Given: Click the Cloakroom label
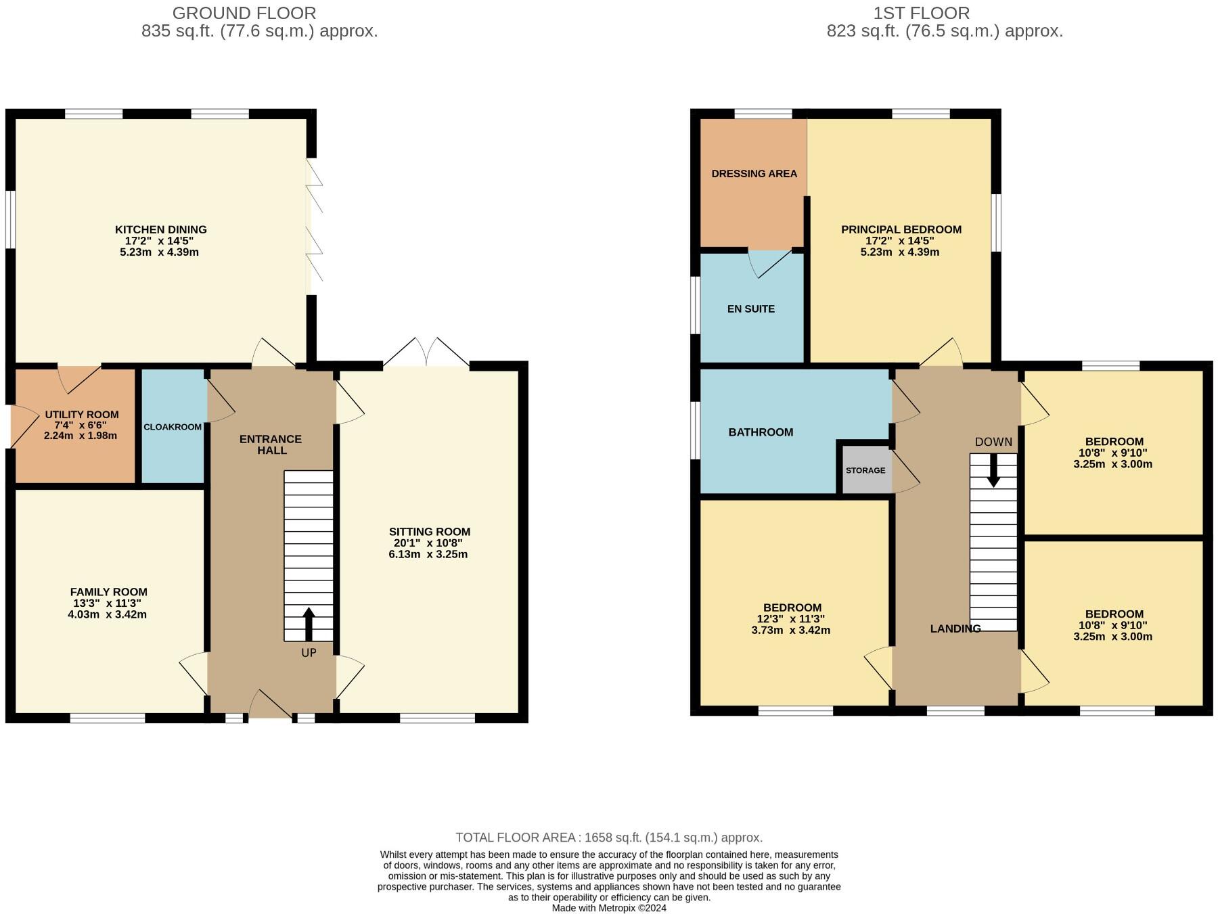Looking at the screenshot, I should tap(173, 427).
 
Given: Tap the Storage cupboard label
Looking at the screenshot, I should tap(865, 470).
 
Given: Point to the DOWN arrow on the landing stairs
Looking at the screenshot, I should tap(993, 470).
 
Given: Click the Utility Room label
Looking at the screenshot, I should tap(81, 415).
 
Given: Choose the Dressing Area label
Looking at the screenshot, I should tap(754, 174).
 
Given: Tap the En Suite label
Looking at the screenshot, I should tap(750, 309).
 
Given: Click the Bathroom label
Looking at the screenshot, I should tap(761, 432).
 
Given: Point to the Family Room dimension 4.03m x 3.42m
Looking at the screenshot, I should tap(107, 615).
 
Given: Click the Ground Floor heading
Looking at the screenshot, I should tap(244, 13).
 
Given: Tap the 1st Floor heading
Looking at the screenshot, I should tap(921, 13).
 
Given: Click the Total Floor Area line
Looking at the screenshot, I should tap(608, 838).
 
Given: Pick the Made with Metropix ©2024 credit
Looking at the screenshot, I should tap(608, 908).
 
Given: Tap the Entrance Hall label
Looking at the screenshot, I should tap(271, 444).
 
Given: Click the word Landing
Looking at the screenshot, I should tap(955, 629).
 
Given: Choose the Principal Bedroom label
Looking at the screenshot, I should tap(901, 229).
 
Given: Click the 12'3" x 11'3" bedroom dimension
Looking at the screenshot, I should tap(790, 619).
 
